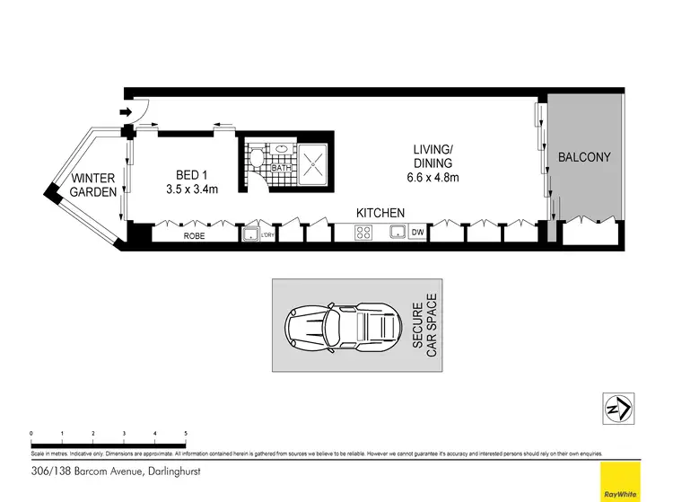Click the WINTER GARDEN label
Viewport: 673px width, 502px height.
[93, 184]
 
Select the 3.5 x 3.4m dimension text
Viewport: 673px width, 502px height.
[191, 189]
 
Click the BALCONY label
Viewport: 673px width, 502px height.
[584, 157]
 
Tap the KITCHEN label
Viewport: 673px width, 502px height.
[380, 213]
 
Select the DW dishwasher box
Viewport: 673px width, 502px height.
[416, 233]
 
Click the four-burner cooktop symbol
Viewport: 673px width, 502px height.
[364, 233]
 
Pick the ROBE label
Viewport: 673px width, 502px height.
[195, 236]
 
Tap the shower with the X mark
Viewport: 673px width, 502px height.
[312, 163]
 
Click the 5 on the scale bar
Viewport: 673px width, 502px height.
[186, 433]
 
